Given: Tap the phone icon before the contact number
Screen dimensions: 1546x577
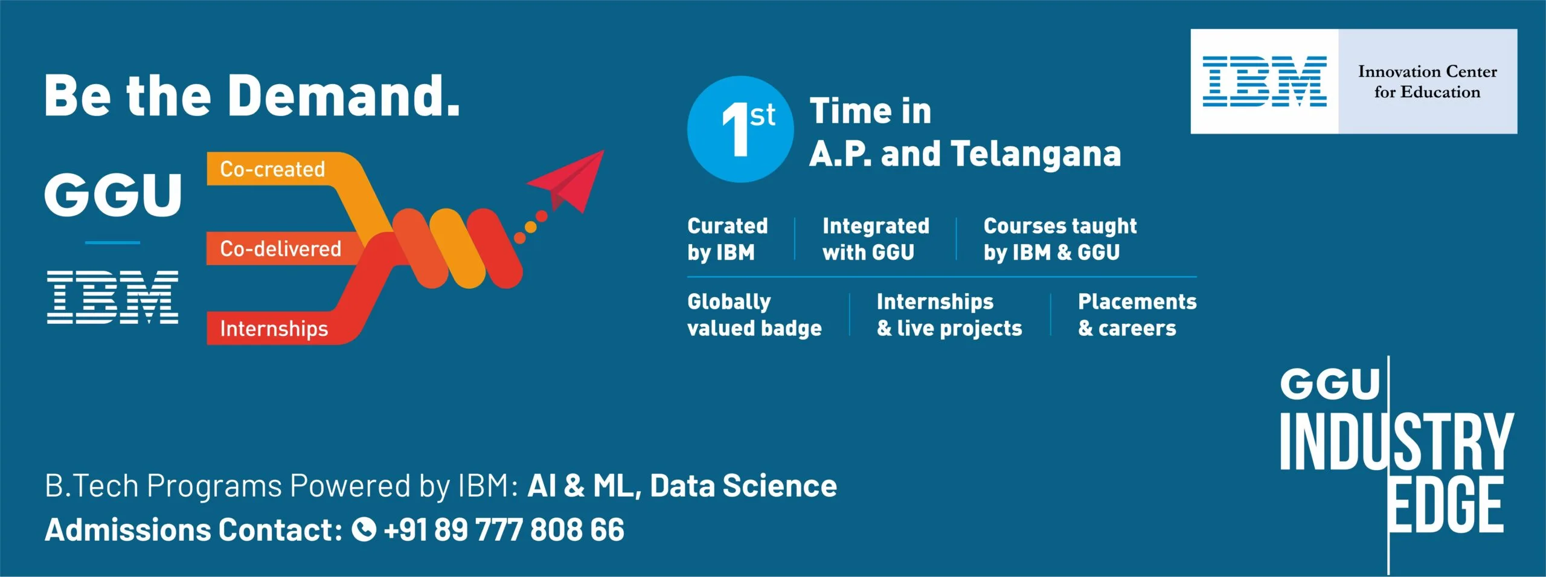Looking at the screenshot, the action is click(364, 530).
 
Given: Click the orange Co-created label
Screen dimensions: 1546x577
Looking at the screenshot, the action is click(272, 169).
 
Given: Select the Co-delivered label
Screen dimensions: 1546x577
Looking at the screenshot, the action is click(280, 248).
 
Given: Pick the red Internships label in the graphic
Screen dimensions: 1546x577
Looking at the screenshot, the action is click(274, 329).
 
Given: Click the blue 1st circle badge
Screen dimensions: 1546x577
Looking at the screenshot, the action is click(740, 129).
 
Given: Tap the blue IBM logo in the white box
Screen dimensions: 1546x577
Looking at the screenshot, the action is click(1265, 82).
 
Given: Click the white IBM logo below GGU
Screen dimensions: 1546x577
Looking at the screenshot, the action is click(113, 297).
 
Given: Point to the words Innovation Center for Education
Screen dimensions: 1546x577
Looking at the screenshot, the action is click(1428, 82).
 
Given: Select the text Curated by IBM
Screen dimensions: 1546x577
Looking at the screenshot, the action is click(728, 239).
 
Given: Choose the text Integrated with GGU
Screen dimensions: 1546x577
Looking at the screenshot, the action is click(876, 239).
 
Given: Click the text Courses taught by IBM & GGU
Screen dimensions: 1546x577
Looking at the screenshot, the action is click(1060, 239).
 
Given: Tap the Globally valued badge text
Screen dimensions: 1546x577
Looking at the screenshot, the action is click(754, 315).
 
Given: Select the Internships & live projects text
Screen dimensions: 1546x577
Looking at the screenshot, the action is click(949, 315).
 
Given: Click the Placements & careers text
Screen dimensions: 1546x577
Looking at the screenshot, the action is click(1137, 315).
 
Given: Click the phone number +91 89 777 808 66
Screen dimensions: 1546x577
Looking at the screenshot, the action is click(504, 530).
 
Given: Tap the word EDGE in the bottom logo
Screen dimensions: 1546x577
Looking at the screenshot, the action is click(1445, 505).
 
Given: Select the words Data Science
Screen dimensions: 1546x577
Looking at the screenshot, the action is click(743, 486).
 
